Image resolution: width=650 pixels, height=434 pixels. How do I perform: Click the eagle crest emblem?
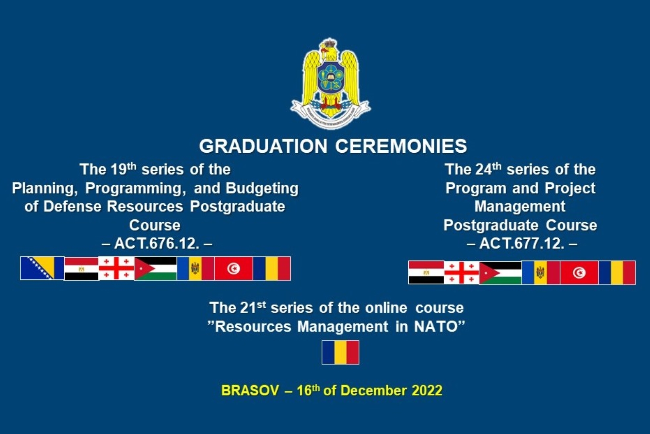330,84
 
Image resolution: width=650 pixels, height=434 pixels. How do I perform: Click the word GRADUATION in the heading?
263,146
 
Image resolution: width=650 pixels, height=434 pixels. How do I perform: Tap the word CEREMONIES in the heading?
401,146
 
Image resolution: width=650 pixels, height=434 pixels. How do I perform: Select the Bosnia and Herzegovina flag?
42,268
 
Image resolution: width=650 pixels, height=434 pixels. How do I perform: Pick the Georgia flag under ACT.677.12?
461,272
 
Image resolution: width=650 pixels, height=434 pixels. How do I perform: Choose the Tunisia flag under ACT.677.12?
579,273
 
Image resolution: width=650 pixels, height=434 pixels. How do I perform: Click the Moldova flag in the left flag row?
196,268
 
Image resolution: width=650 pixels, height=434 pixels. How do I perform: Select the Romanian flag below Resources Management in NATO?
340,352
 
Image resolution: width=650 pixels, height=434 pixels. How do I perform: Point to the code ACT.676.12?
157,244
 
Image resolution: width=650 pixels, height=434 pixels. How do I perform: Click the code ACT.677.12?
522,244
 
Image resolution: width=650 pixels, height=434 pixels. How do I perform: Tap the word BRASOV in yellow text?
250,391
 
